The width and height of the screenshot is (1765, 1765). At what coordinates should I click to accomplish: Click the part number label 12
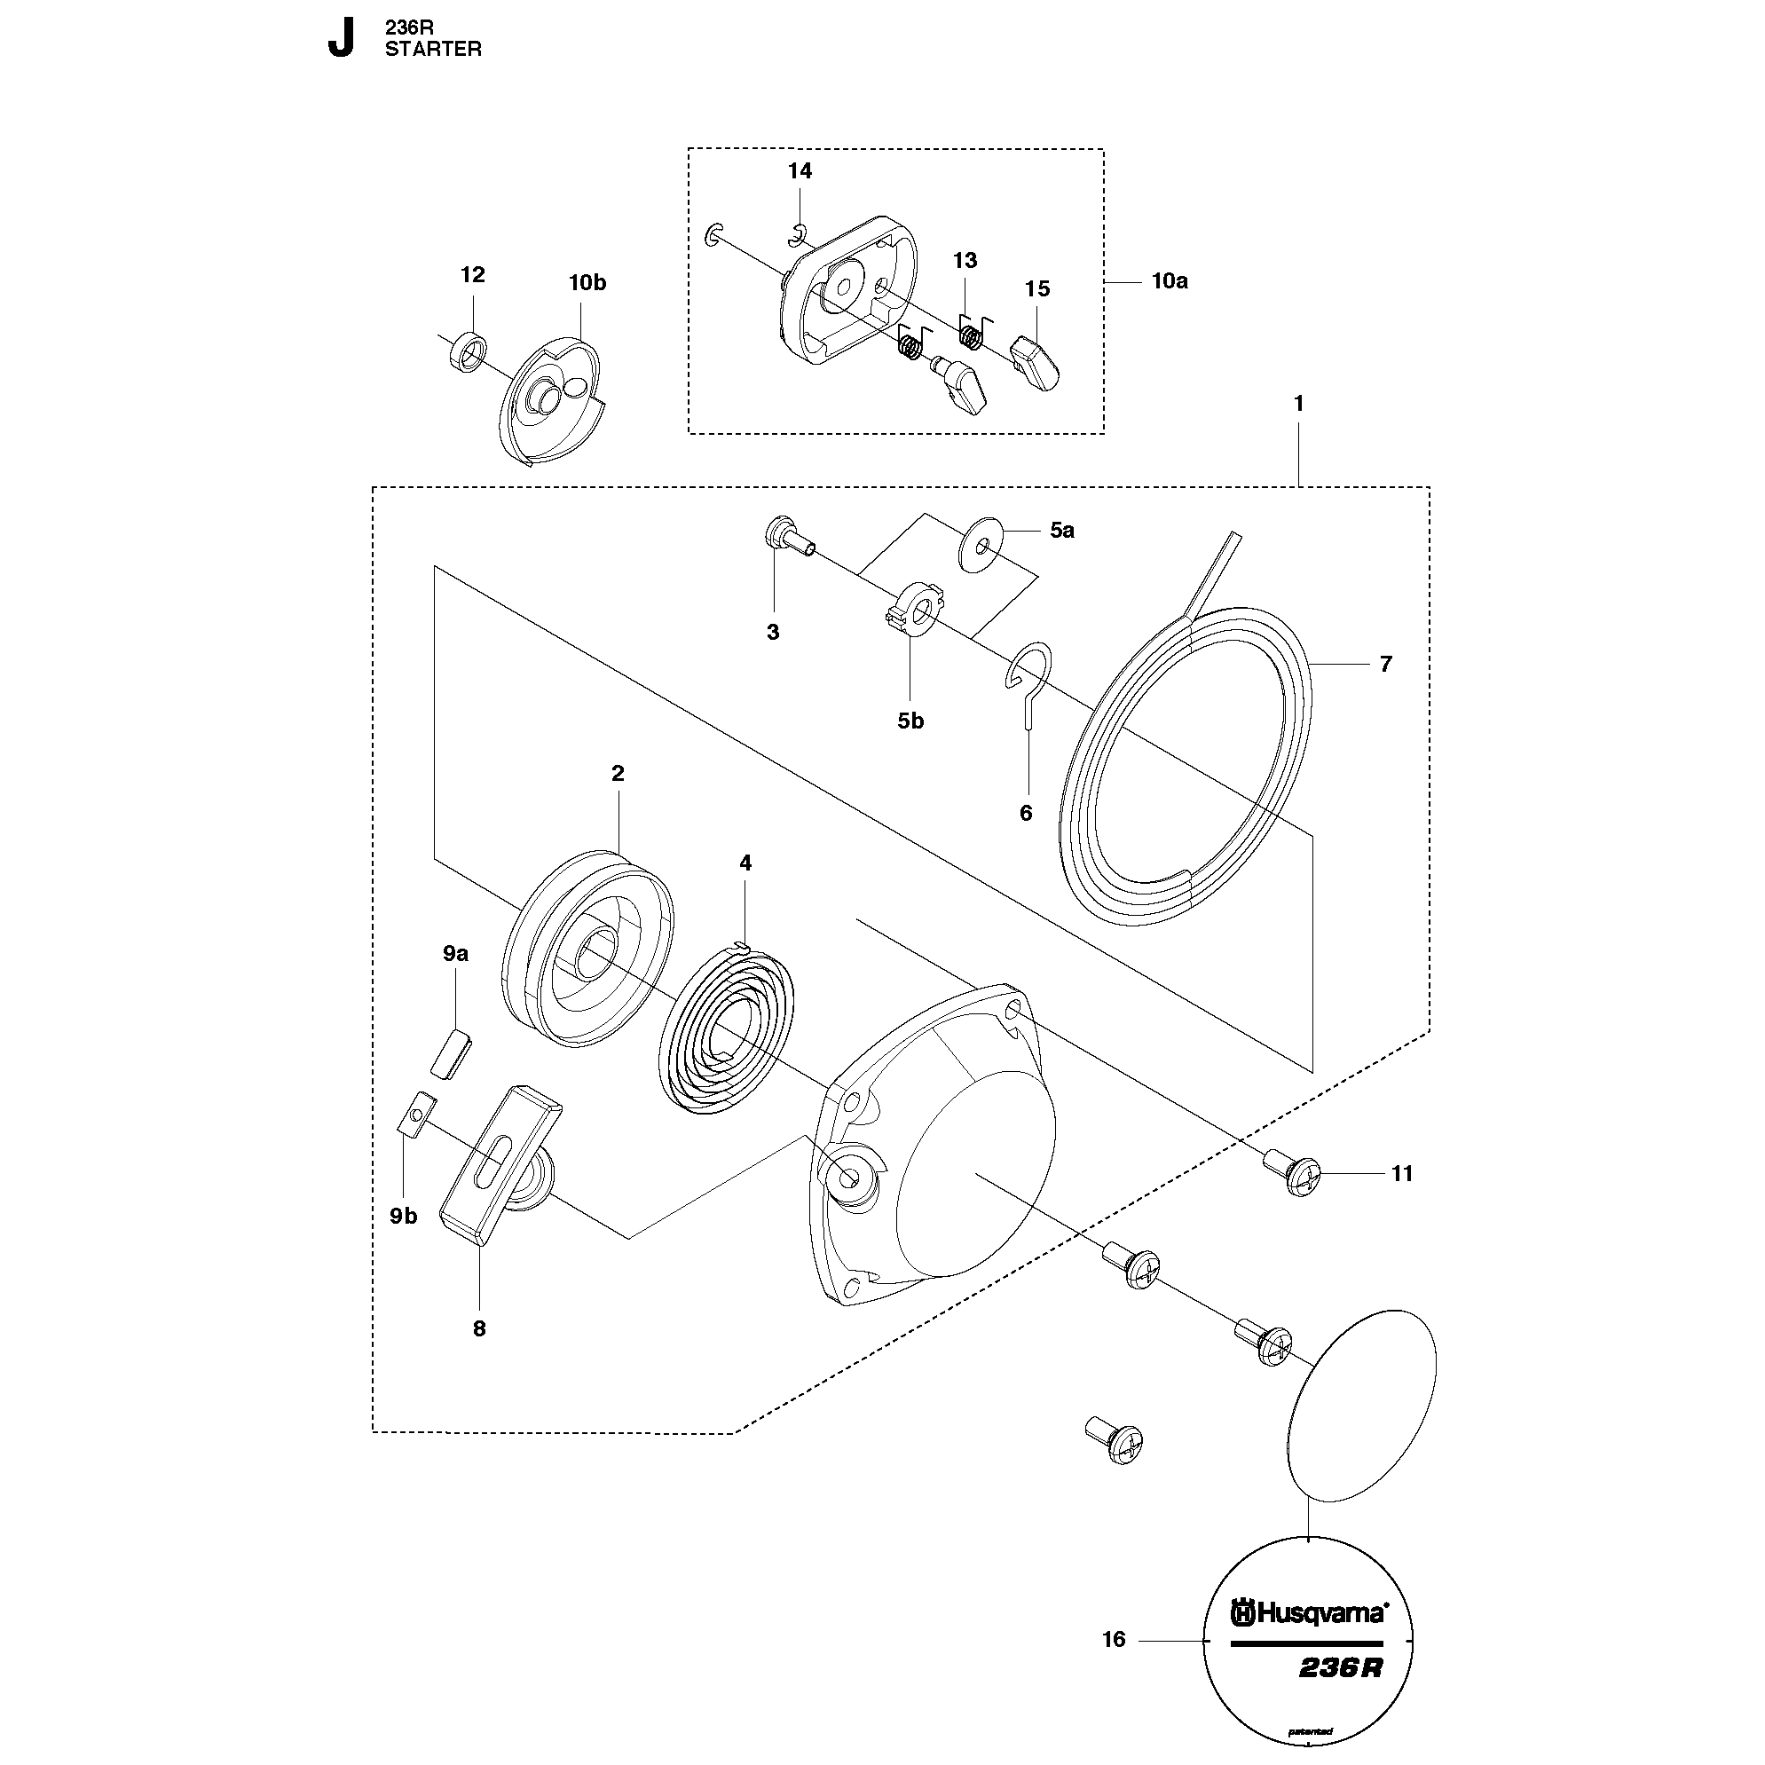pyautogui.click(x=472, y=275)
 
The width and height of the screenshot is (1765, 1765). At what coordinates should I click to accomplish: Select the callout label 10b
pyautogui.click(x=587, y=283)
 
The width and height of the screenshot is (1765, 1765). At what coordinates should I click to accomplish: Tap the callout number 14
pyautogui.click(x=800, y=171)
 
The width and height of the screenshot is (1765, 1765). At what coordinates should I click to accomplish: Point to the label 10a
pyautogui.click(x=1170, y=281)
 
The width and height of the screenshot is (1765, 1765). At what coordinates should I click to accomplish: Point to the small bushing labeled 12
pyautogui.click(x=469, y=351)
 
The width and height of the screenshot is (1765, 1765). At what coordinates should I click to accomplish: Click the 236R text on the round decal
pyautogui.click(x=1340, y=1668)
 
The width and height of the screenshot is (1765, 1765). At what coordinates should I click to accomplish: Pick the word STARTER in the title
pyautogui.click(x=433, y=50)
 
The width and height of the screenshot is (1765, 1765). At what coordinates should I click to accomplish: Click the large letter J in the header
pyautogui.click(x=340, y=39)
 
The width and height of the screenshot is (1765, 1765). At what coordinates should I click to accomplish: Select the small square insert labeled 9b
pyautogui.click(x=412, y=1115)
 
